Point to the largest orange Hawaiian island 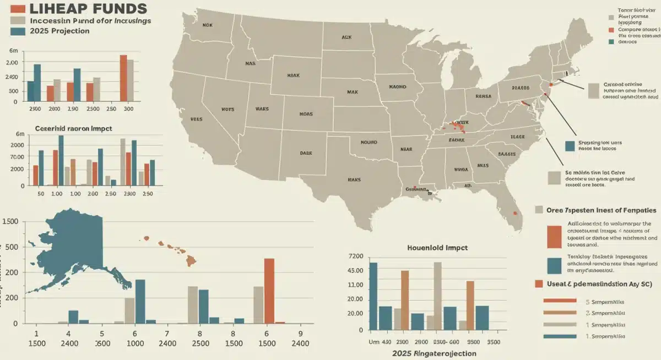(191, 260)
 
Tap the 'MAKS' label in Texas (354, 179)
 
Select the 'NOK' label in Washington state (207, 25)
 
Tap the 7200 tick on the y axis (356, 257)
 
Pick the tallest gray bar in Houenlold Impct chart (437, 296)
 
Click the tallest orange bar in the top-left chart (123, 78)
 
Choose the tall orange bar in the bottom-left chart (269, 291)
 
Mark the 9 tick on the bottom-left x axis (300, 333)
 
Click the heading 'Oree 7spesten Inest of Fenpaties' (595, 210)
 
